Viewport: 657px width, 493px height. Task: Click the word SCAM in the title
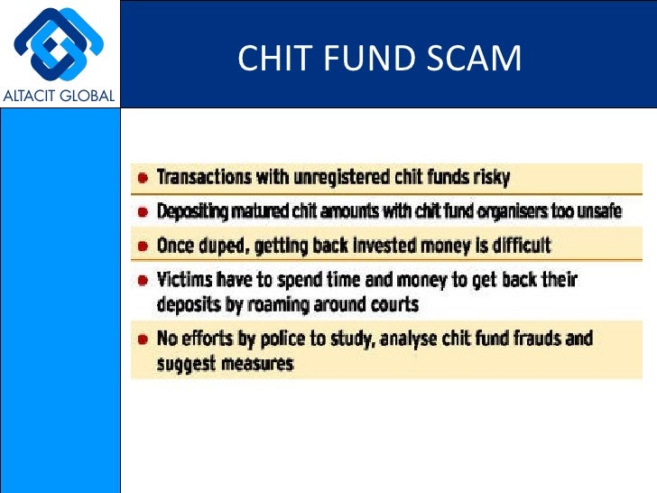[477, 59]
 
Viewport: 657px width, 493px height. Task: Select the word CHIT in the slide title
[270, 59]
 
